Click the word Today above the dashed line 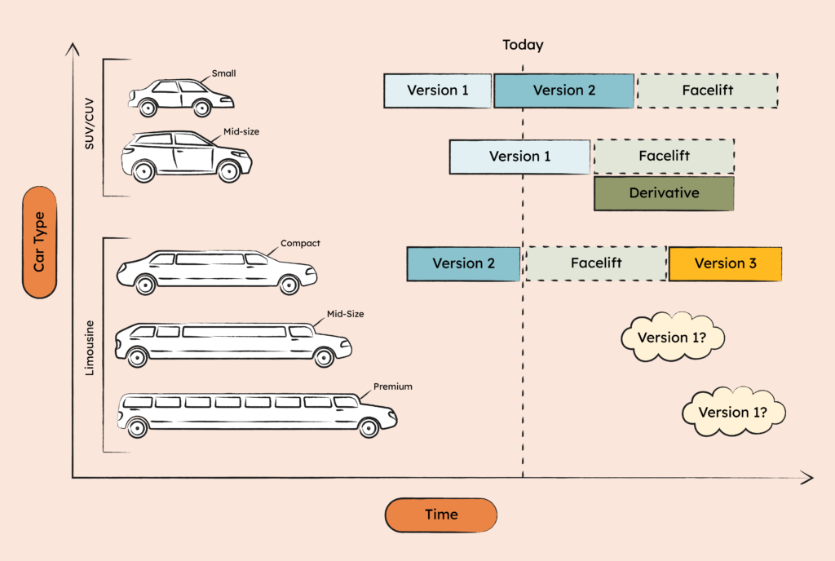pos(523,46)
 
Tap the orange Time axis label pos(441,515)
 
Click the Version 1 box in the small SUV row pos(438,91)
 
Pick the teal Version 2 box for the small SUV pos(564,91)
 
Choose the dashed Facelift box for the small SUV pos(707,91)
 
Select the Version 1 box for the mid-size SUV pos(519,157)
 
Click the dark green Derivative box pos(664,193)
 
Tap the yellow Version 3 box pos(725,263)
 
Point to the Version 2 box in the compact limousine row pos(463,263)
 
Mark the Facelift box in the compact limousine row pos(595,263)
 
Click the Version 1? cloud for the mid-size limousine pos(673,338)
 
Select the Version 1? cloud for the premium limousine pos(733,412)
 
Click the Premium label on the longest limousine pos(392,387)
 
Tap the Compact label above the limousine pos(300,243)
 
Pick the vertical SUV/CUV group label pos(91,126)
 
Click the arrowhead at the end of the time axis pos(808,477)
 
